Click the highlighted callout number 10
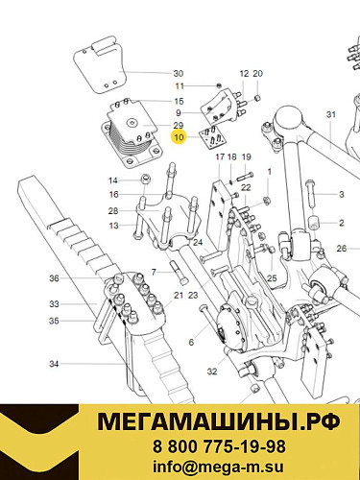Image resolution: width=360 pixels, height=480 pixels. coord(179,137)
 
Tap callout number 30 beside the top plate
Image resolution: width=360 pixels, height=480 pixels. coord(178,74)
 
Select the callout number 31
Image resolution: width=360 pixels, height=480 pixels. coord(332,115)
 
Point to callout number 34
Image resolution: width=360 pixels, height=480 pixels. coord(54,364)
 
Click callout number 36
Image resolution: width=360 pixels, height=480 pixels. coord(54,278)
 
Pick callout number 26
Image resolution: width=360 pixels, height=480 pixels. coord(341,250)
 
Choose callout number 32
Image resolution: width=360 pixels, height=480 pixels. coord(211,371)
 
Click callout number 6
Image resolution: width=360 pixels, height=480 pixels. coord(191,343)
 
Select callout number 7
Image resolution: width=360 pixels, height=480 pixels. coord(153,272)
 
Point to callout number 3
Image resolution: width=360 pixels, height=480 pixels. coord(341,194)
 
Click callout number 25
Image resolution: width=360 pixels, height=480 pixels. coord(272,278)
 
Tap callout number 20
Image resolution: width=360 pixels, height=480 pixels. coord(257,74)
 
